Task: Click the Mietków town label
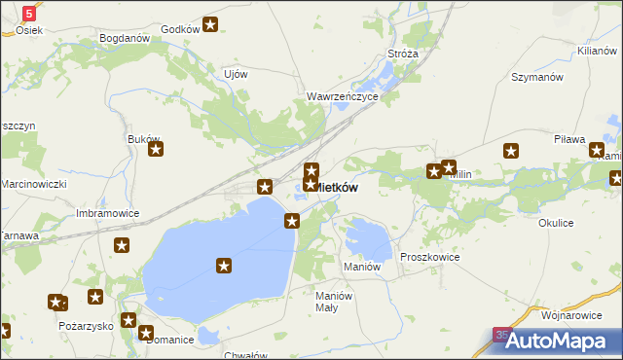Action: (x=341, y=187)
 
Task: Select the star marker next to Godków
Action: (x=210, y=25)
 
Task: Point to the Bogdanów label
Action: (x=124, y=39)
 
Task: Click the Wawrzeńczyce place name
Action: (x=341, y=97)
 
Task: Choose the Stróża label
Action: (x=403, y=54)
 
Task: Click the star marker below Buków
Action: (x=155, y=150)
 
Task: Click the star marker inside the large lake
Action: (x=224, y=266)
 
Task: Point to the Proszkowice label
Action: (x=429, y=257)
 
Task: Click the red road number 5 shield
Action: (x=29, y=13)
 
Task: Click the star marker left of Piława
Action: (x=512, y=151)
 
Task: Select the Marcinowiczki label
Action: (x=32, y=184)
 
